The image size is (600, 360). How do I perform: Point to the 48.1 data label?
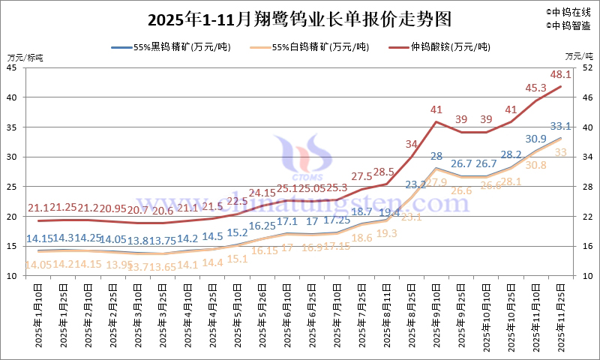561,75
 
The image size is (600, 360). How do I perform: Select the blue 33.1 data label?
561,126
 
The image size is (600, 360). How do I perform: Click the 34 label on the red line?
412,144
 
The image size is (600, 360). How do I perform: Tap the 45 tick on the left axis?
12,67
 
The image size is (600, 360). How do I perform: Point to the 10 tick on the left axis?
12,276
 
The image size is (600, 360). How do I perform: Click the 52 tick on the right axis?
587,67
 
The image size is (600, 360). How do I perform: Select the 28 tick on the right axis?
587,187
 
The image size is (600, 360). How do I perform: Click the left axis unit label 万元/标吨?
25,56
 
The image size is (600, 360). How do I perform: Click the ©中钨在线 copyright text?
569,12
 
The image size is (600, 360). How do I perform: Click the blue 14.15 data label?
39,238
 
